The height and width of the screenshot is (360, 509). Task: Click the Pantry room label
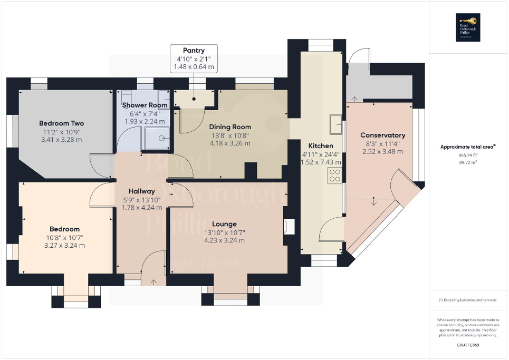(194, 51)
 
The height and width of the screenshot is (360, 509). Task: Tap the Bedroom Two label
(63, 123)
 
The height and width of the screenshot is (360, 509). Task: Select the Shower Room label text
(145, 105)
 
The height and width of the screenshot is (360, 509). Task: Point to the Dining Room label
(229, 127)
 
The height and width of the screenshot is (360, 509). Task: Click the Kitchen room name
(321, 145)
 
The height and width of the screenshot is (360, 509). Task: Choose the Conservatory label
(382, 135)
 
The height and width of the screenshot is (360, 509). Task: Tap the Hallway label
(141, 191)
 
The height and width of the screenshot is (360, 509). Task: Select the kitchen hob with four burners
(334, 176)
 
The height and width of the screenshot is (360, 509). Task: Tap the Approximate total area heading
(467, 147)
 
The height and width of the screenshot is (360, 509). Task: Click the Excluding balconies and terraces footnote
(468, 300)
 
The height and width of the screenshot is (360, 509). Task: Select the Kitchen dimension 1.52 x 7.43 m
(321, 162)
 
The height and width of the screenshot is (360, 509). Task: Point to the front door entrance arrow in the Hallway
(154, 282)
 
